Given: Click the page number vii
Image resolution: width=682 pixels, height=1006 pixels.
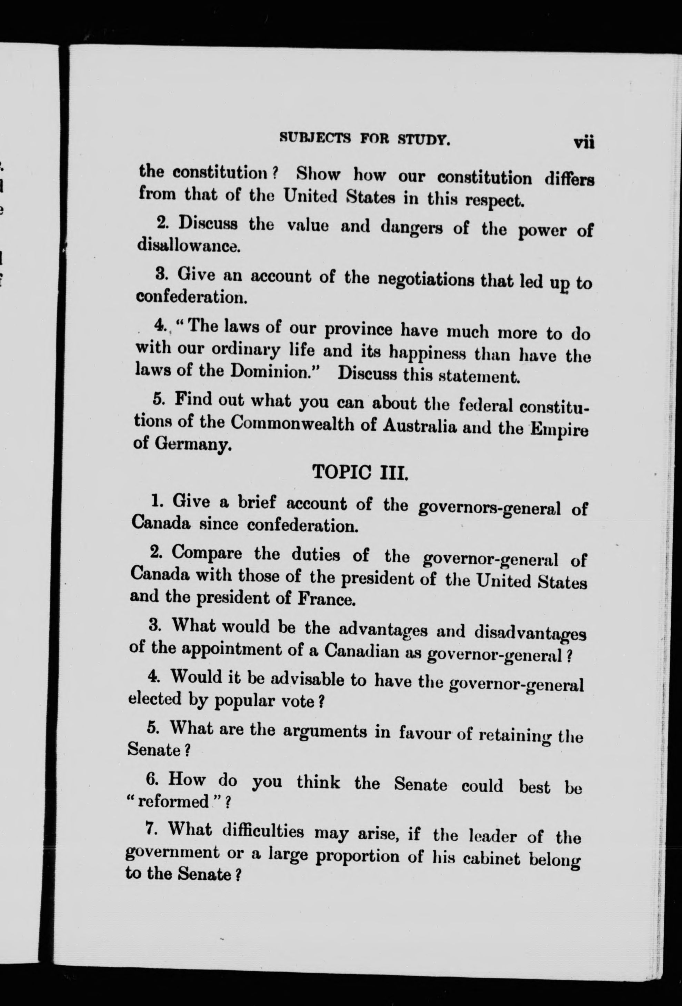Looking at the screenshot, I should tap(584, 142).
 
